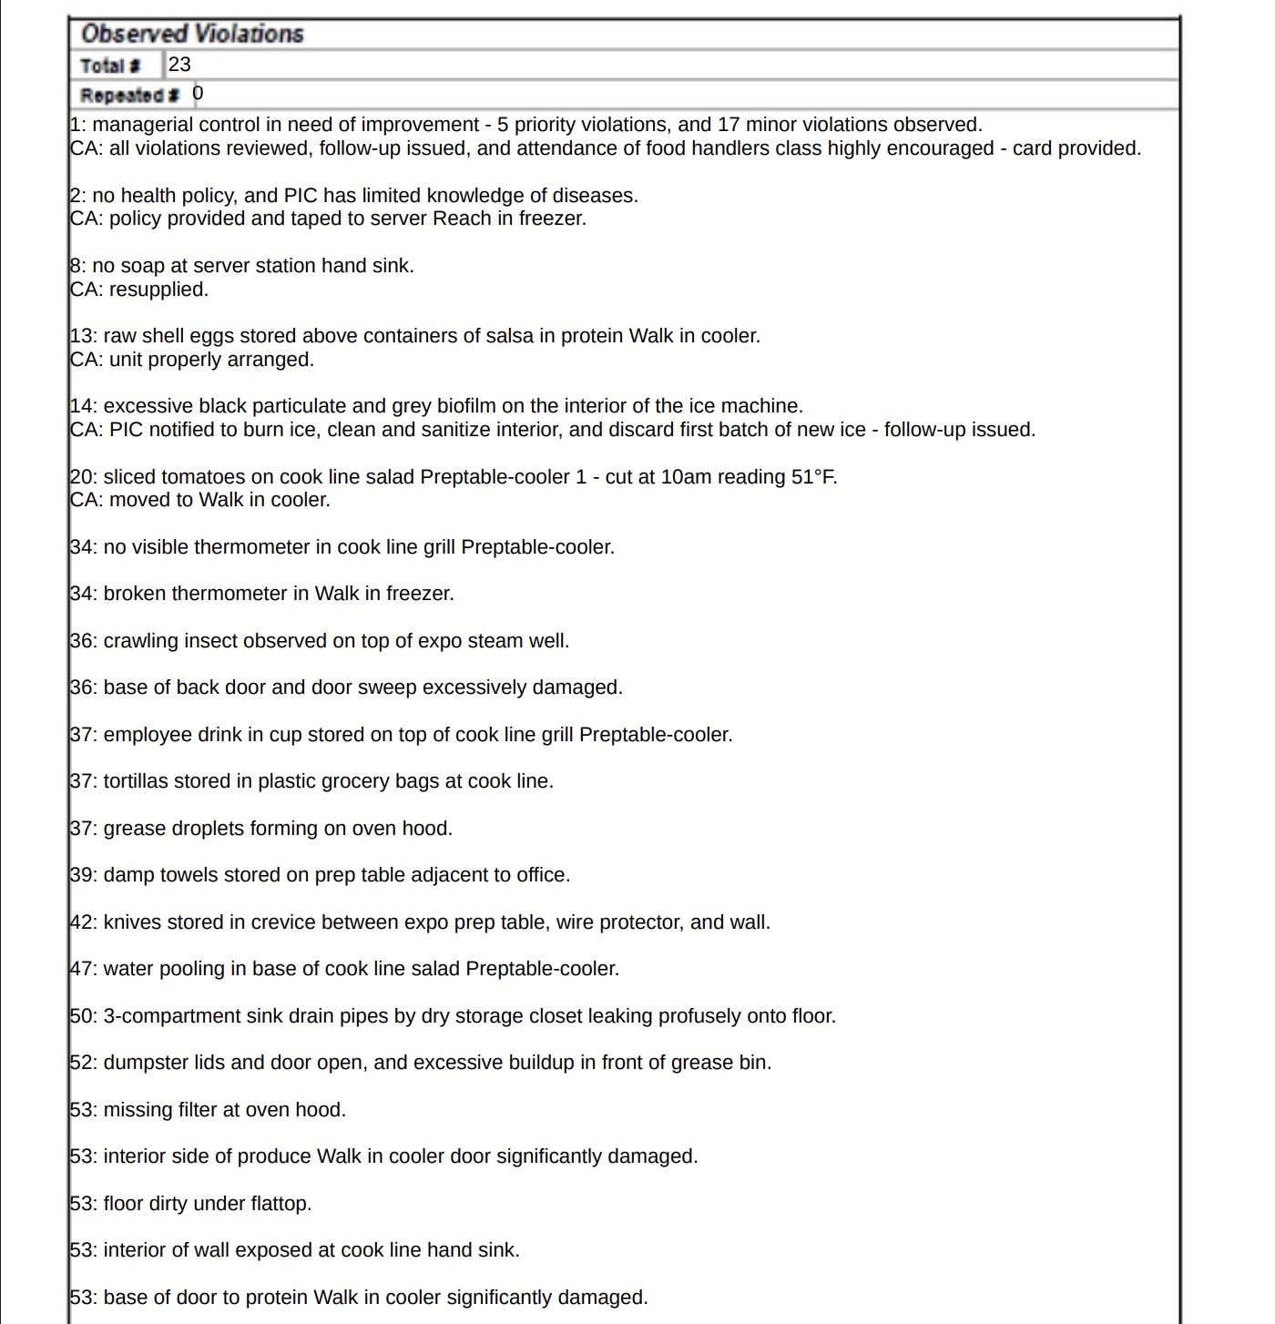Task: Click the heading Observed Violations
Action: (x=191, y=34)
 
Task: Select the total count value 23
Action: (x=180, y=65)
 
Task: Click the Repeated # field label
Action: (x=129, y=95)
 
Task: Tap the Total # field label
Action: (x=110, y=66)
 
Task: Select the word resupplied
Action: (x=158, y=290)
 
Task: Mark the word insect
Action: (x=210, y=641)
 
